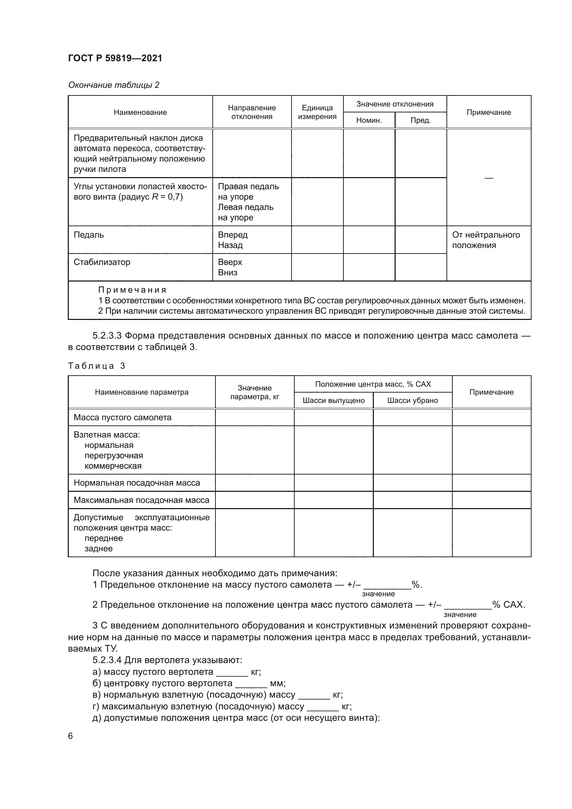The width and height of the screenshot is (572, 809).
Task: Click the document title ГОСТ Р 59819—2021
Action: [x=115, y=58]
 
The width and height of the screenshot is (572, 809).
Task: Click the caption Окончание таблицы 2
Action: [x=114, y=85]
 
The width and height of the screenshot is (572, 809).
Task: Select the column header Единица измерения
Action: [x=317, y=112]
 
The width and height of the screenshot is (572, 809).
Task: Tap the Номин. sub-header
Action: [x=369, y=120]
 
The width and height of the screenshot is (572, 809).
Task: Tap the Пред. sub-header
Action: [x=421, y=120]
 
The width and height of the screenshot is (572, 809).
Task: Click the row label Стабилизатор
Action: [x=102, y=262]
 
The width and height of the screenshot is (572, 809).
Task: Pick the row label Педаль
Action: [x=89, y=235]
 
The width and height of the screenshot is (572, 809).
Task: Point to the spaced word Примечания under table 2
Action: [x=132, y=289]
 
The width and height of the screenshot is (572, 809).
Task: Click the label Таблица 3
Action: [x=96, y=366]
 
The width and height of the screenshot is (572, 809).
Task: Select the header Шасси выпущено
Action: [x=333, y=400]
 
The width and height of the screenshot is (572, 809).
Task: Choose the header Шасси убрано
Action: [x=413, y=400]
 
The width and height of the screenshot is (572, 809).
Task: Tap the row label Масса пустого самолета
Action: [x=122, y=417]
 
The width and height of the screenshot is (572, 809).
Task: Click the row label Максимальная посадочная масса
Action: [x=141, y=500]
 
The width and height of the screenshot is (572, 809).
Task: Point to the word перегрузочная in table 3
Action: [x=114, y=455]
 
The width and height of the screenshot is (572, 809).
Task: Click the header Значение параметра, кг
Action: [x=255, y=392]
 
